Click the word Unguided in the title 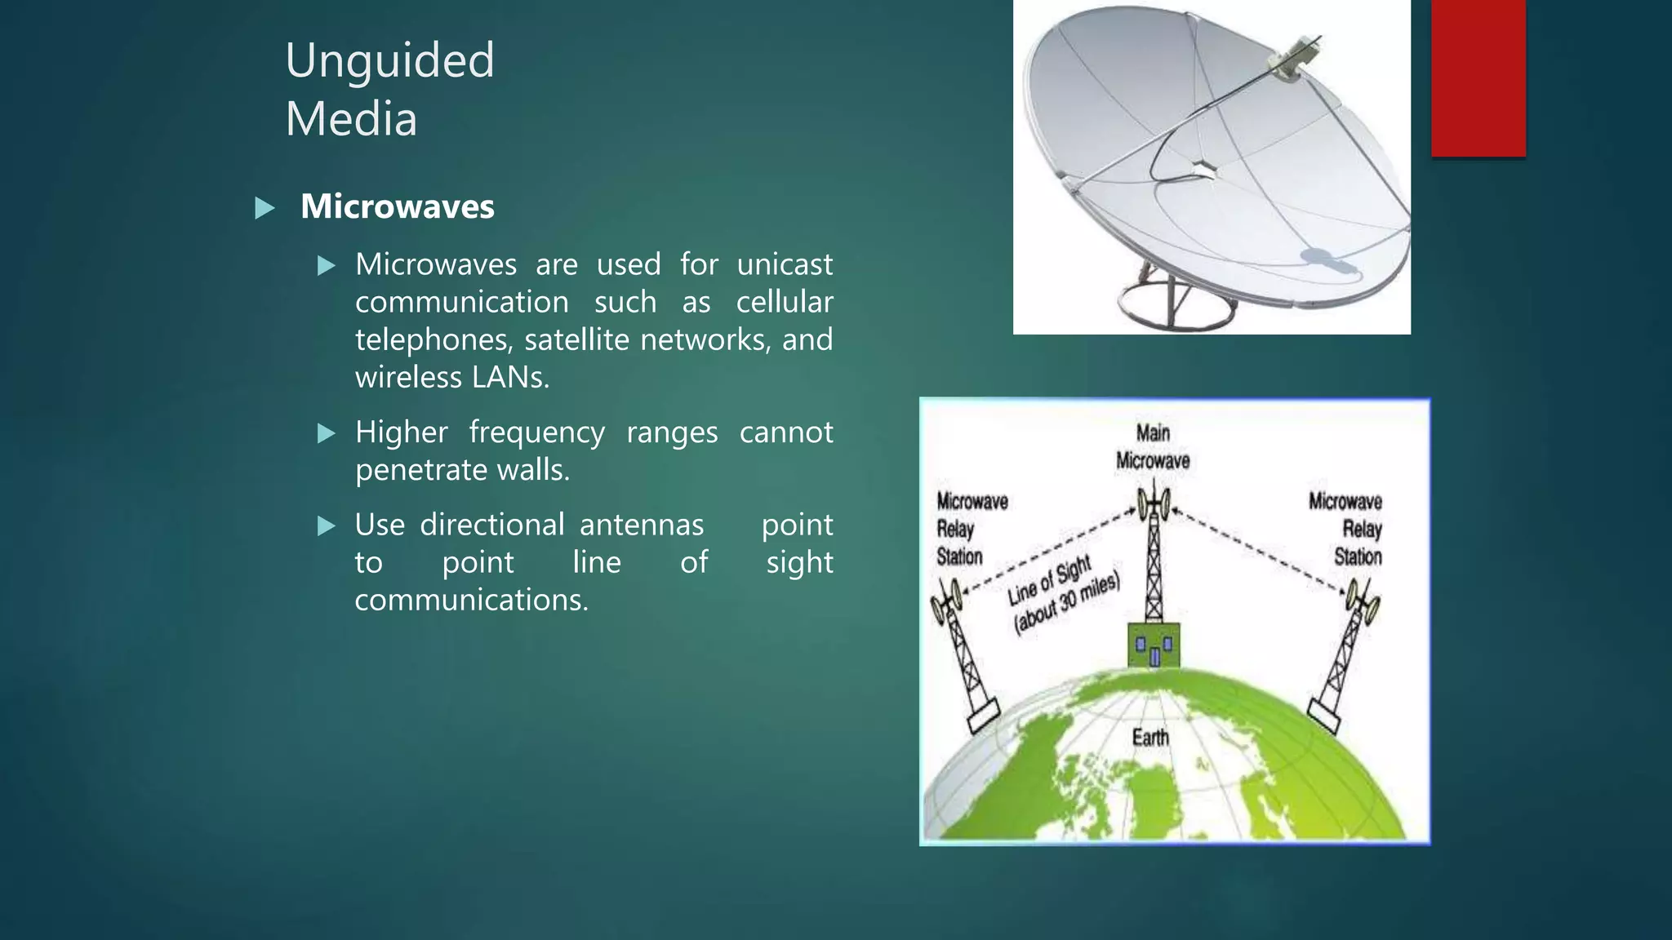[x=389, y=60]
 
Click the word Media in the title [x=351, y=119]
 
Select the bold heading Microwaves [x=397, y=206]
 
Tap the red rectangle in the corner [x=1478, y=78]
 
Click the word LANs [x=510, y=377]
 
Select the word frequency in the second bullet [x=536, y=432]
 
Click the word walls [x=532, y=470]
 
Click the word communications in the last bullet [x=471, y=600]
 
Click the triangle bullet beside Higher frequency [x=327, y=433]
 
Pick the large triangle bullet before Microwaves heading [x=265, y=208]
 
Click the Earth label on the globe [x=1149, y=738]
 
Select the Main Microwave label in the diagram [x=1152, y=447]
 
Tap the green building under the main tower [x=1153, y=645]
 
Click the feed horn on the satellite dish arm [x=1292, y=59]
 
